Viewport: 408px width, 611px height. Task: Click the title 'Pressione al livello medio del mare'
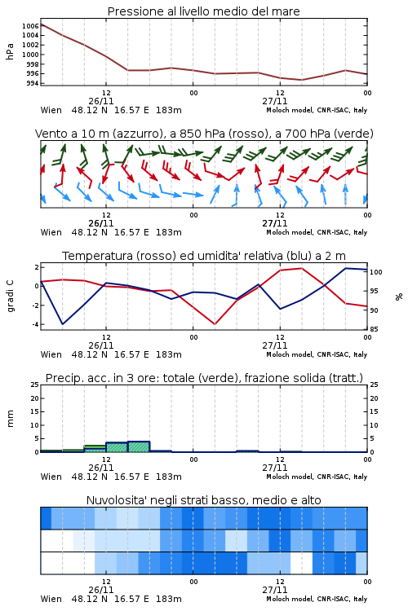pos(203,11)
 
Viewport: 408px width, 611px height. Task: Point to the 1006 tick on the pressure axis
pos(30,26)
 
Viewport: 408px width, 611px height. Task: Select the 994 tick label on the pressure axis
pos(33,83)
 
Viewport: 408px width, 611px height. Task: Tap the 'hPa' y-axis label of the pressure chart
pos(10,51)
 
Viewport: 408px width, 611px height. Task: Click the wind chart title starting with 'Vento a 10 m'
pos(204,134)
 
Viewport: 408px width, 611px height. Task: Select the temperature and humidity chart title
pos(204,256)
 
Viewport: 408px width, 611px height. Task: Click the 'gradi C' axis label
pos(10,296)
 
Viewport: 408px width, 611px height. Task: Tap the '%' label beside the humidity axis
pos(399,297)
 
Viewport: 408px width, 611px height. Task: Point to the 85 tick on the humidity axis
pos(374,329)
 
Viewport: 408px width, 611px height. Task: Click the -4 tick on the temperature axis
pos(35,324)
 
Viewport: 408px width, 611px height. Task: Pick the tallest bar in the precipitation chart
pos(139,447)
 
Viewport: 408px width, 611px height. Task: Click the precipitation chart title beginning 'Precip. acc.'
pos(204,378)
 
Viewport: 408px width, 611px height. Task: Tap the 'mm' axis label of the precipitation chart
pos(10,419)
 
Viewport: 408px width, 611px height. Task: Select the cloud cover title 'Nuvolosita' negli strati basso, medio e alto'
pos(203,500)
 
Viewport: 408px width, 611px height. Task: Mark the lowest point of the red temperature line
pos(215,324)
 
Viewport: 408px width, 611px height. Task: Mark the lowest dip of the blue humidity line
pos(63,324)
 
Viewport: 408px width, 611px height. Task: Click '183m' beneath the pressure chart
pos(169,110)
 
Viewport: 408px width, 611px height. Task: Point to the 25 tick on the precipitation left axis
pos(35,385)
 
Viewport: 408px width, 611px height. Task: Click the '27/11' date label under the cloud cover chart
pos(275,590)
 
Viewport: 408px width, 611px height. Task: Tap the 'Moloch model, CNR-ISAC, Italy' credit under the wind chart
pos(317,232)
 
